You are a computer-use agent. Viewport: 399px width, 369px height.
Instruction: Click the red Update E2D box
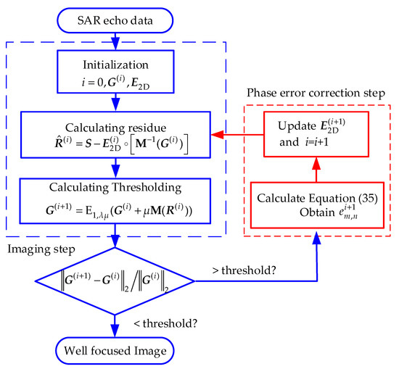coord(315,133)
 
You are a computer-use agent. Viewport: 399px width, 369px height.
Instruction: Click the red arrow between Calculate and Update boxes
coord(315,168)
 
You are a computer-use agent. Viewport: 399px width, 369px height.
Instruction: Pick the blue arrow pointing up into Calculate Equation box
coord(315,250)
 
